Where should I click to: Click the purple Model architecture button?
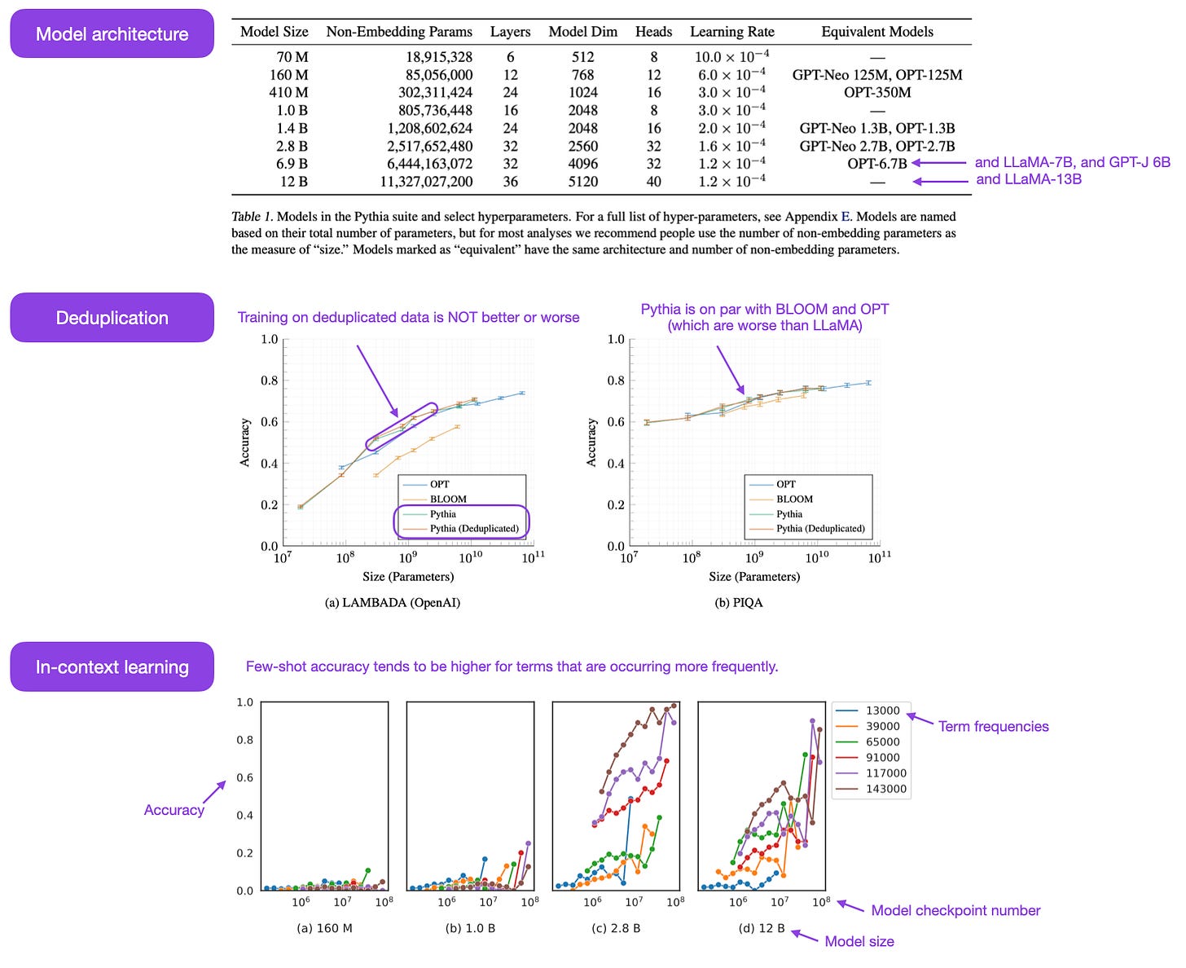coord(112,34)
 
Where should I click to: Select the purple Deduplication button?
coord(112,318)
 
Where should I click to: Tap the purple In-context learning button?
coord(112,667)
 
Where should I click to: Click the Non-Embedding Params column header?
coord(399,32)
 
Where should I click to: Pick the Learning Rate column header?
coord(731,32)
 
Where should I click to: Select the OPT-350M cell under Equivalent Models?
coord(876,93)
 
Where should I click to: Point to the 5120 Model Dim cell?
coord(582,182)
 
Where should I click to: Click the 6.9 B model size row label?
coord(292,164)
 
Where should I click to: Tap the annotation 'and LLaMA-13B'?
coord(1028,179)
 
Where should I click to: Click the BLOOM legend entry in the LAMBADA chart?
coord(448,499)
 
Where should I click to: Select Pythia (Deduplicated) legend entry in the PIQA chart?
coord(819,529)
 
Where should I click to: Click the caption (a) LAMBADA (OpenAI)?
coord(392,603)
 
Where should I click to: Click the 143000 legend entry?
coord(885,789)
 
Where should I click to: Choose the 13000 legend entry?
coord(882,711)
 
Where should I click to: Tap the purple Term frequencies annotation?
coord(993,727)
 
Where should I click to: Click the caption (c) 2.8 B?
coord(615,928)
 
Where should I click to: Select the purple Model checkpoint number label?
coord(955,911)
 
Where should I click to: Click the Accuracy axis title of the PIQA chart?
coord(591,442)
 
